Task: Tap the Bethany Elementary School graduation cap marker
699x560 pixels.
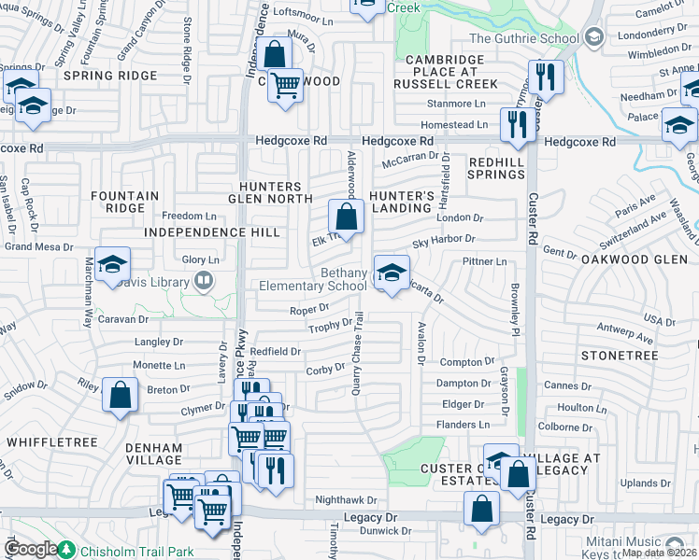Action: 392,273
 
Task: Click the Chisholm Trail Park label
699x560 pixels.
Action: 136,552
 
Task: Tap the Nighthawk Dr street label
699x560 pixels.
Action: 346,500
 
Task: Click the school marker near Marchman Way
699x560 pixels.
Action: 112,265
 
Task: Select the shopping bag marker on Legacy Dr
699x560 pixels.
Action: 481,510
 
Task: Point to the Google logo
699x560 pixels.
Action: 32,549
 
